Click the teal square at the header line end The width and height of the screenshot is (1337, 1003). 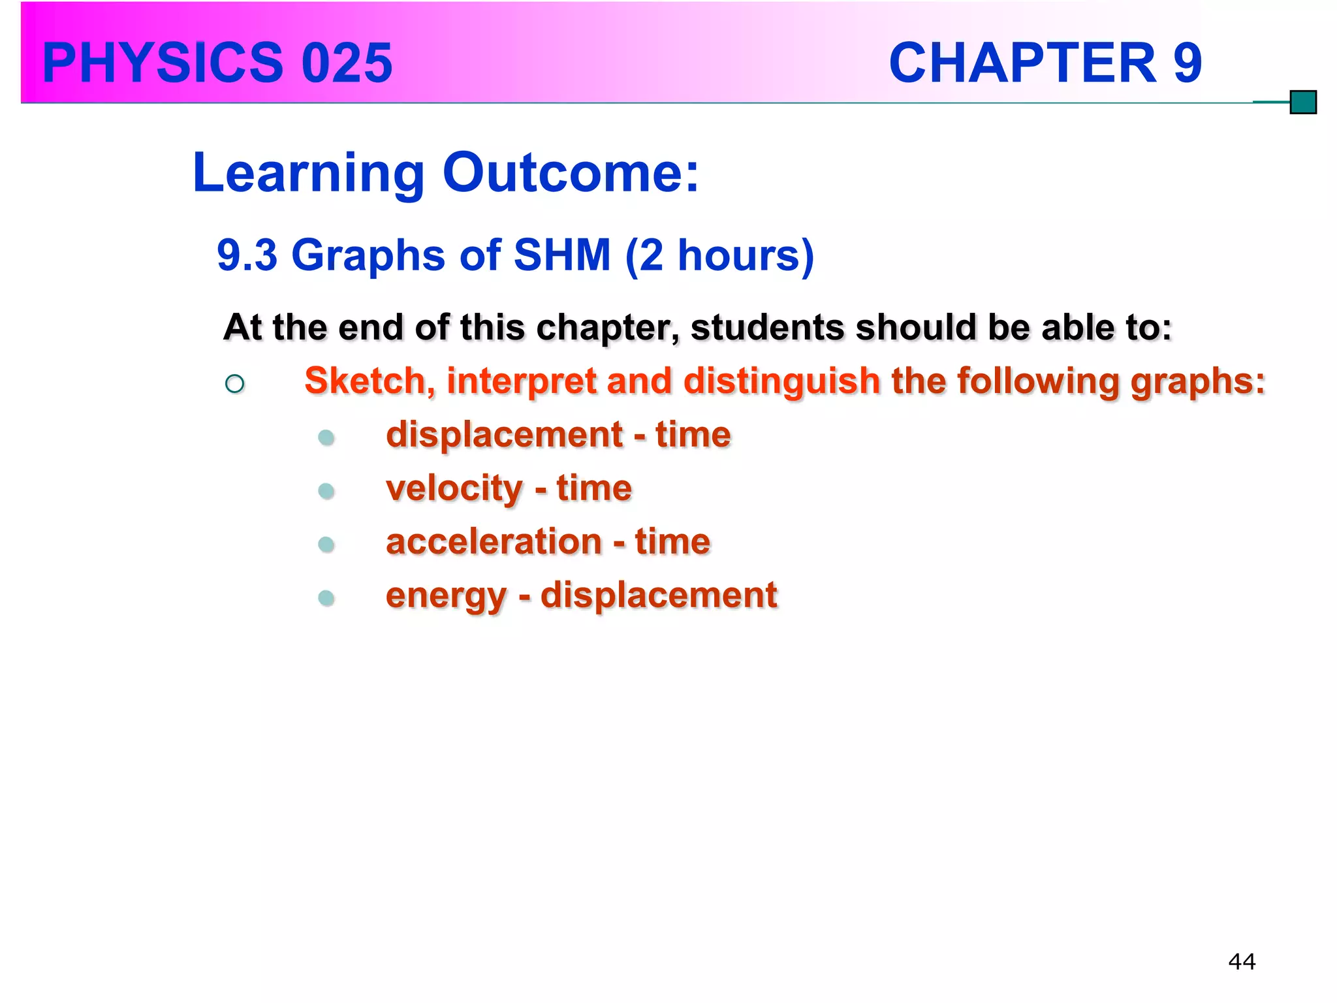(1303, 103)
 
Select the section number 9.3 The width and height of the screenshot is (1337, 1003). (247, 255)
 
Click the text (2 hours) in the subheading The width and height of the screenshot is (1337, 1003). (719, 255)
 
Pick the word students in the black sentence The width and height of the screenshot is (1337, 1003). (767, 327)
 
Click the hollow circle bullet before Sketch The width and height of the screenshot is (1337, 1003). (234, 383)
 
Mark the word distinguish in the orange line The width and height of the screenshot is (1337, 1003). (781, 381)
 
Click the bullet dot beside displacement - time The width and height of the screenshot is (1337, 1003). (326, 438)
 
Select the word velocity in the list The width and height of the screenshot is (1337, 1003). (454, 488)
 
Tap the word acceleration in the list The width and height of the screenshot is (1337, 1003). (494, 542)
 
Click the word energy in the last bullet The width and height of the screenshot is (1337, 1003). (446, 596)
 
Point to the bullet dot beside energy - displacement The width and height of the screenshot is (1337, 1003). (326, 597)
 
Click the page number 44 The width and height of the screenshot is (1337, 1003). (1241, 962)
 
